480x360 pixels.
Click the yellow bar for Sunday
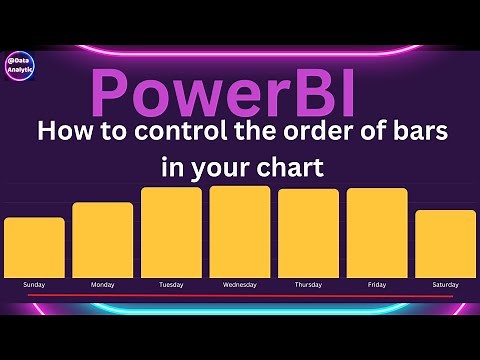point(34,247)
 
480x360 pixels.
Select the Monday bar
point(103,240)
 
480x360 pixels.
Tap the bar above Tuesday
point(171,232)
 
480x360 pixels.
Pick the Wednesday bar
point(240,231)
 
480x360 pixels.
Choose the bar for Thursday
point(308,233)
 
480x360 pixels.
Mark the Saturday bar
point(445,243)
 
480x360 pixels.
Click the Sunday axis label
point(34,285)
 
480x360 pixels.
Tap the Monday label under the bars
point(103,285)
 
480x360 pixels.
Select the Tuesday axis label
point(171,285)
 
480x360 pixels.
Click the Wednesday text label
point(240,285)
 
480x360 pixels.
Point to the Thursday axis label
point(308,285)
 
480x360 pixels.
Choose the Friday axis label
point(377,285)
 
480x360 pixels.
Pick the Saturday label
point(445,285)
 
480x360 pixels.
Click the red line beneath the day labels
point(240,297)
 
